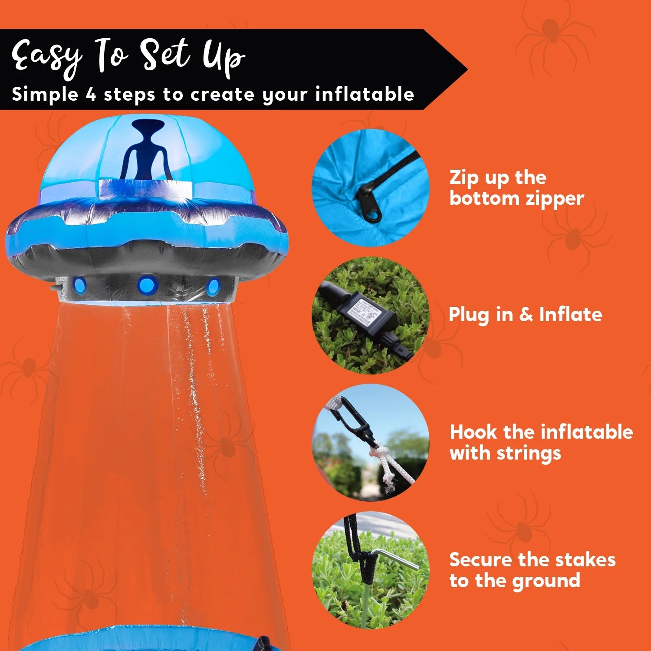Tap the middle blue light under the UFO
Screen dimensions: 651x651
pos(146,285)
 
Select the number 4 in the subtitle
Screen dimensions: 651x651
pos(91,94)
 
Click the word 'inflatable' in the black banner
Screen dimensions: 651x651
pos(365,94)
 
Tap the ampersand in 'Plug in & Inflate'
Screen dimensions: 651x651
pos(526,314)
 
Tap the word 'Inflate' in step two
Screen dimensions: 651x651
pos(570,314)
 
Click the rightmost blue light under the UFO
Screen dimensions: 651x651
pos(213,287)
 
